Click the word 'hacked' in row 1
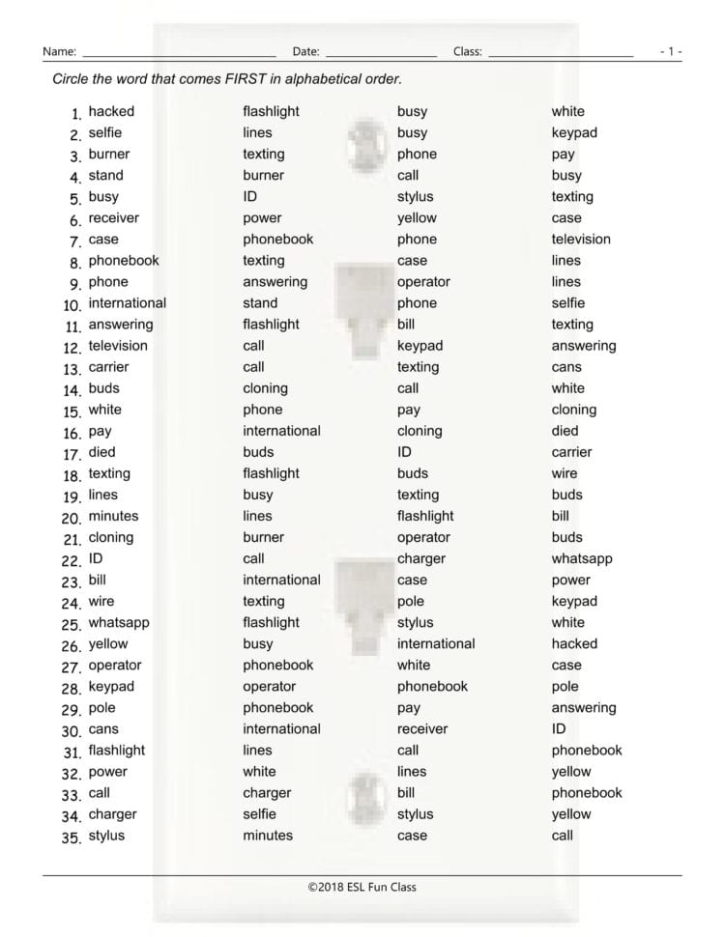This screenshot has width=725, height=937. [111, 112]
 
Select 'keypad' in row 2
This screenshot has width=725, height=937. [574, 133]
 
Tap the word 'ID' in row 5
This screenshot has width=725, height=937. [249, 197]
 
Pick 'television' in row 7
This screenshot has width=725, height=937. [581, 240]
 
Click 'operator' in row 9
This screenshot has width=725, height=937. [423, 282]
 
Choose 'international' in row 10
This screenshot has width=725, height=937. [127, 303]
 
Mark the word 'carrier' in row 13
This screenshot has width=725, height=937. [108, 367]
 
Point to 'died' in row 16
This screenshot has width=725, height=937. [565, 431]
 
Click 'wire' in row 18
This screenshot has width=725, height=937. [565, 473]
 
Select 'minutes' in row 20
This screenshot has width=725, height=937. [113, 516]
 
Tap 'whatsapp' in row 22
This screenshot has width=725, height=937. [582, 558]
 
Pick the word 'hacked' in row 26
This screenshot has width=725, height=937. [574, 643]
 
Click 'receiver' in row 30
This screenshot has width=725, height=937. [422, 729]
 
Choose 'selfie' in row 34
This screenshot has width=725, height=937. [259, 814]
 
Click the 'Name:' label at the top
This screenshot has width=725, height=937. [60, 51]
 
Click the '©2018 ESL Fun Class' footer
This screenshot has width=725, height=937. [362, 887]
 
